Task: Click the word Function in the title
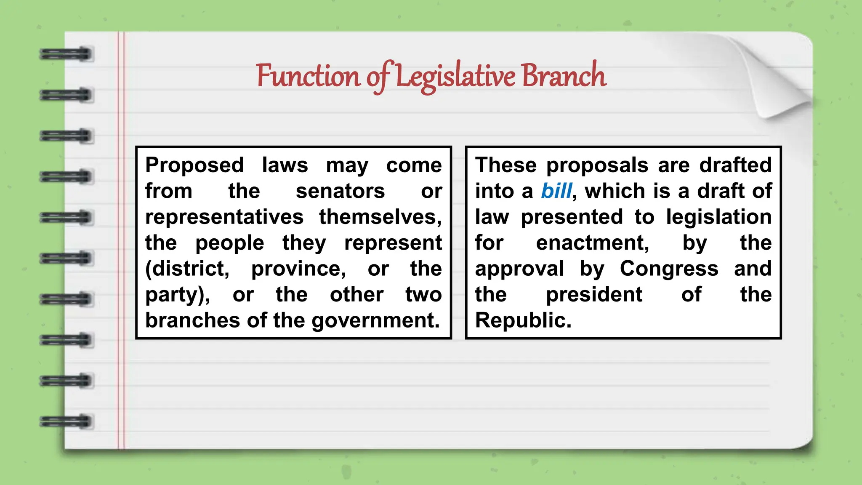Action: coord(308,77)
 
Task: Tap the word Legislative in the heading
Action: coord(455,77)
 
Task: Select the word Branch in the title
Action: coord(564,76)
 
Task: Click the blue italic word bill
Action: coord(556,191)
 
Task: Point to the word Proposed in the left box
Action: coord(194,165)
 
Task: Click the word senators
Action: coord(340,191)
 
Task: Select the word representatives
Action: coord(224,217)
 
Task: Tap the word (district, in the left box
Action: coord(187,269)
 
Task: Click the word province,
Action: coord(298,269)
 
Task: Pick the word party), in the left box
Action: coord(178,295)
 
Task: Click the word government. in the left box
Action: coord(375,320)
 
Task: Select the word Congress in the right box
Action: coord(669,269)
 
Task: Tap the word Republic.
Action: coord(523,320)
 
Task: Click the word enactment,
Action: coord(593,243)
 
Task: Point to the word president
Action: coord(594,294)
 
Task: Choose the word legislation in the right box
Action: coord(718,217)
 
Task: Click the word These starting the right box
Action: coord(506,165)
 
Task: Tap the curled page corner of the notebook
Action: coord(779,80)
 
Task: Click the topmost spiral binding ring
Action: coord(66,54)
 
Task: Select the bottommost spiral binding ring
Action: coord(66,421)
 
